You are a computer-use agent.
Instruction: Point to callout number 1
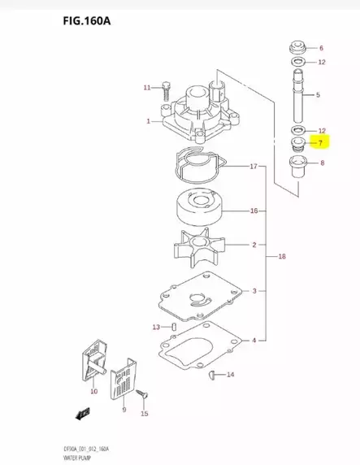148,121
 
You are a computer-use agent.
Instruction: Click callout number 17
253,167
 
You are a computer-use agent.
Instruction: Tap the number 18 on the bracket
282,256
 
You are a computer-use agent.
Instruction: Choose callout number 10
93,392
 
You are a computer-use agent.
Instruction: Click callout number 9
124,411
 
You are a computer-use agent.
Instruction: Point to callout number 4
254,340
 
